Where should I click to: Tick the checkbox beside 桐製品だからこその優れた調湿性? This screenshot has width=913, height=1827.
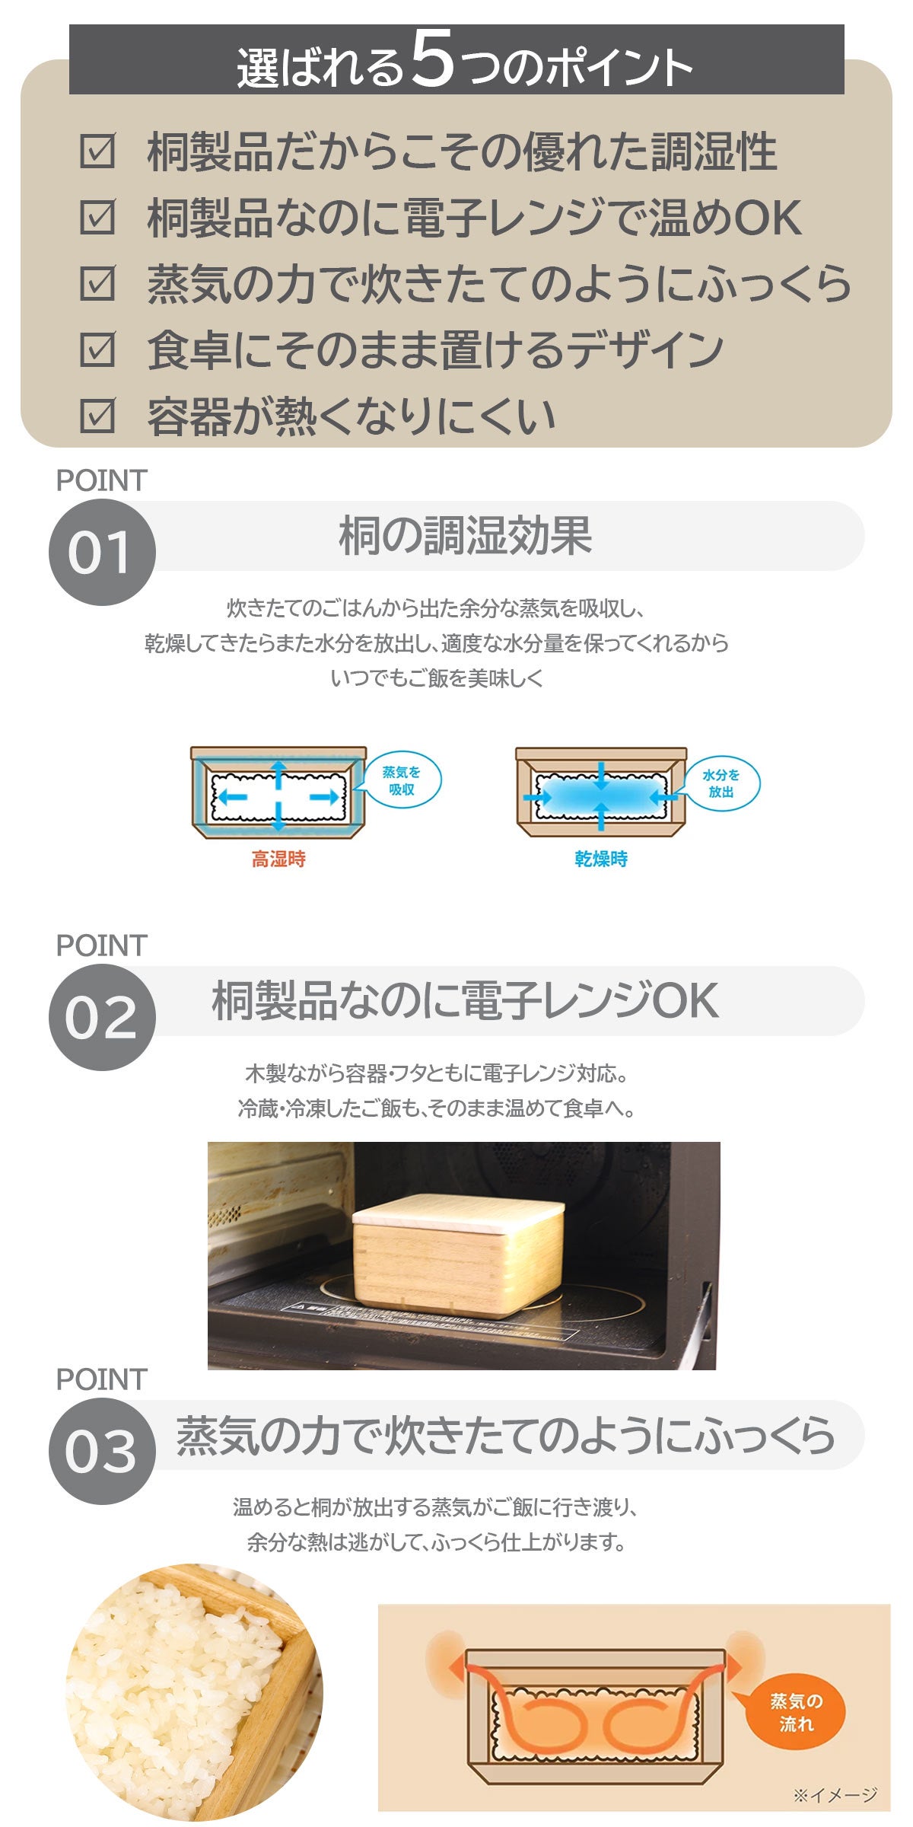(97, 151)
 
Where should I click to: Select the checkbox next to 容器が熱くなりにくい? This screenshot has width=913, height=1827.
(97, 416)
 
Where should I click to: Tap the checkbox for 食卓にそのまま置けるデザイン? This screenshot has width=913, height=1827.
(97, 349)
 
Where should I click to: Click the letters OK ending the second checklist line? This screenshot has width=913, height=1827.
(767, 218)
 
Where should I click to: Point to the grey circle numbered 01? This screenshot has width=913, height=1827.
(102, 553)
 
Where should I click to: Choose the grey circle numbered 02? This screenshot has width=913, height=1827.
(102, 1017)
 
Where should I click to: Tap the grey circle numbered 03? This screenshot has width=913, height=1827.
(102, 1451)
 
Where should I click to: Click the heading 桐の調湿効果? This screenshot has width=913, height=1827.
(465, 536)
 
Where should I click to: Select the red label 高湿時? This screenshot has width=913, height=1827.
(278, 859)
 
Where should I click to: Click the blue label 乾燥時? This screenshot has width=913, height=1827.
(601, 859)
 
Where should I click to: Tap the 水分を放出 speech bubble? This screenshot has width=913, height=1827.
(721, 783)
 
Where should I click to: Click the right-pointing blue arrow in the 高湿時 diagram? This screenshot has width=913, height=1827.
(324, 797)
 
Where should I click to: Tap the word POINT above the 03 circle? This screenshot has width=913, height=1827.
(101, 1379)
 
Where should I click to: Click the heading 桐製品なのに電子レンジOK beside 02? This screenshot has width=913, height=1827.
(465, 1000)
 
